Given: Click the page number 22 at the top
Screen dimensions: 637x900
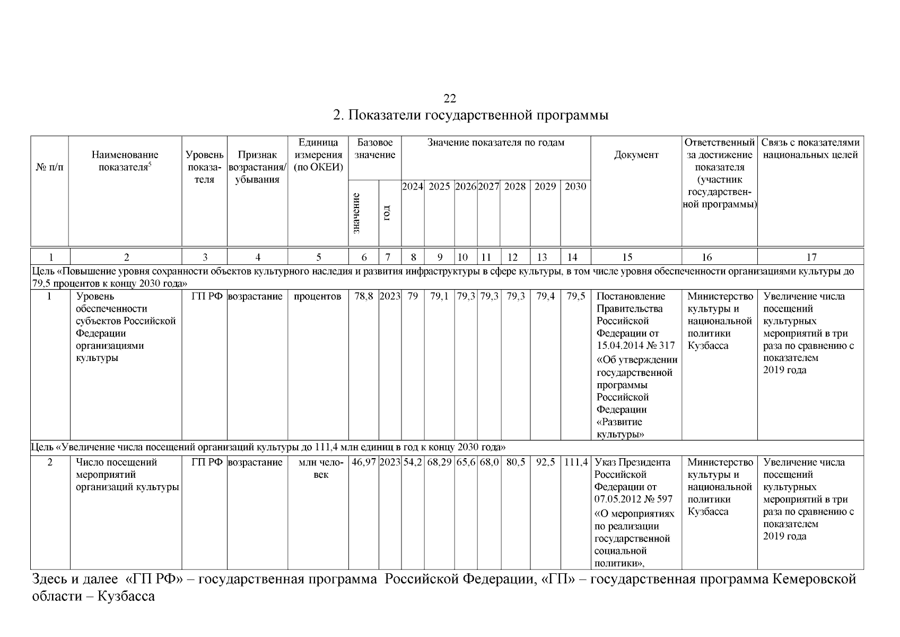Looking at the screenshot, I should (x=450, y=99).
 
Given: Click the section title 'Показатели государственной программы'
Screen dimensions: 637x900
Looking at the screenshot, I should (x=470, y=115).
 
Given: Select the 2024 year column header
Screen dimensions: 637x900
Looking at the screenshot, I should (x=413, y=186).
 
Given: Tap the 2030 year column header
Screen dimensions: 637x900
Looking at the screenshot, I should (x=575, y=186).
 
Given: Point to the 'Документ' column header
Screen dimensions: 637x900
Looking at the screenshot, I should (x=636, y=155).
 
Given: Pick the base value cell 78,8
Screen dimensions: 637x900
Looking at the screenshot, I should (x=363, y=297).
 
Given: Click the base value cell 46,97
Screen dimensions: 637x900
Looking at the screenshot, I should (x=363, y=462).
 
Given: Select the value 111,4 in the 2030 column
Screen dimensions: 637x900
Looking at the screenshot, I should (x=575, y=462).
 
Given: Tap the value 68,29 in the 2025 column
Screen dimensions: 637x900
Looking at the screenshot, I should (x=439, y=462).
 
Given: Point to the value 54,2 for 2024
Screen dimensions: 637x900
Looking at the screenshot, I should (x=413, y=462).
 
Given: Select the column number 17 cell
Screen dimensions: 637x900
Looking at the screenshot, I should (x=811, y=257).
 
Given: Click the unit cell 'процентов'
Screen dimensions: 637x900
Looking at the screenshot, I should (x=318, y=297).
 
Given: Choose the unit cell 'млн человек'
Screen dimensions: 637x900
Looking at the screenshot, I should (x=318, y=468).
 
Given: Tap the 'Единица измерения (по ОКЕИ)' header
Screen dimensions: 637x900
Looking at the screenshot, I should (x=318, y=155).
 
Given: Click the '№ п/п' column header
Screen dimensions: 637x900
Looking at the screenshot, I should (x=49, y=167).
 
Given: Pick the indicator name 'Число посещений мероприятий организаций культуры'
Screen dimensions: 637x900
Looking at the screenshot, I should (x=127, y=475).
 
